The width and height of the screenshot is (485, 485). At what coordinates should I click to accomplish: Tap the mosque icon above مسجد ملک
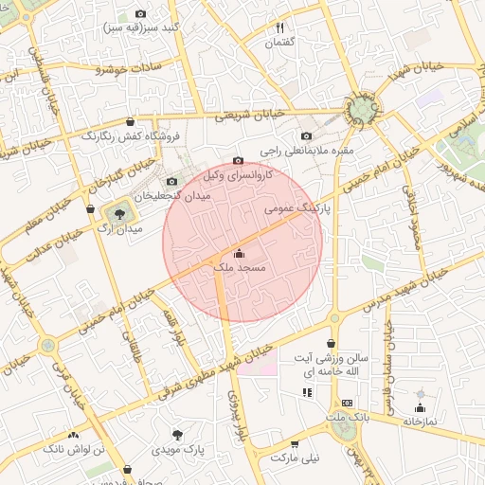[238, 253]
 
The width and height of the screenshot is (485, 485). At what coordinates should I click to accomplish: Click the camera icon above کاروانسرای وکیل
[238, 161]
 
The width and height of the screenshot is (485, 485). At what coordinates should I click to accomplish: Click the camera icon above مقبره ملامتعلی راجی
[305, 135]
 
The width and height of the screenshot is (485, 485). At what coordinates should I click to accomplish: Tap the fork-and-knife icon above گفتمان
[279, 28]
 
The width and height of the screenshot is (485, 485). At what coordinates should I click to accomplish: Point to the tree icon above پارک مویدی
[177, 434]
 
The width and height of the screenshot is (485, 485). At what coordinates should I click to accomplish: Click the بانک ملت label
[345, 417]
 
